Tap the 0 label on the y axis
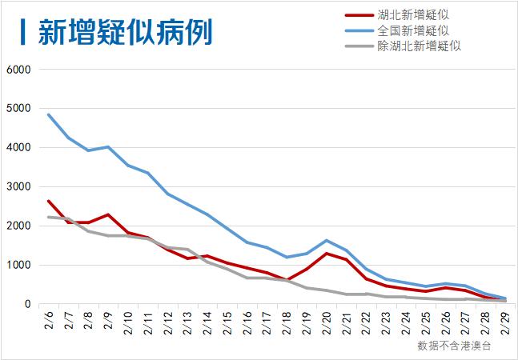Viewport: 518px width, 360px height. click(26, 305)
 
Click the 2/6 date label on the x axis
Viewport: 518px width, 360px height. click(49, 323)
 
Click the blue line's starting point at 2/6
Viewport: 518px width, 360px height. click(48, 114)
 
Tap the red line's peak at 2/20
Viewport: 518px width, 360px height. click(326, 254)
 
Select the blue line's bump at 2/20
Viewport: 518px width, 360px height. click(326, 240)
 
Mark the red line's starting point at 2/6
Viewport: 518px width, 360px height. click(48, 201)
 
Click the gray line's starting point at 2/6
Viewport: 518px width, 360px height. click(48, 217)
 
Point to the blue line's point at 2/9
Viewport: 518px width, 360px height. click(107, 147)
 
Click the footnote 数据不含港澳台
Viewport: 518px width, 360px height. click(453, 346)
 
